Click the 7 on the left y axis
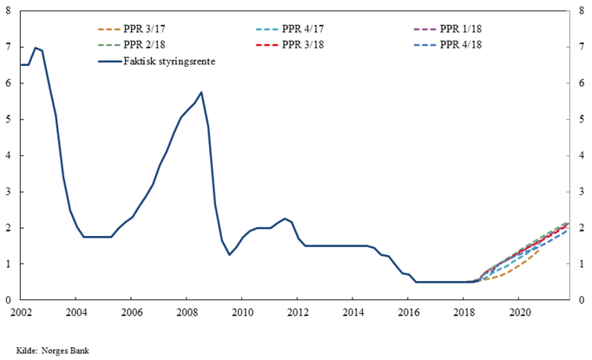click(8, 47)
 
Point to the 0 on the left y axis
click(8, 300)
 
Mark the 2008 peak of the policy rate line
click(201, 92)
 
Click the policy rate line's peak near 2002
click(35, 48)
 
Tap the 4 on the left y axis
click(8, 155)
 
